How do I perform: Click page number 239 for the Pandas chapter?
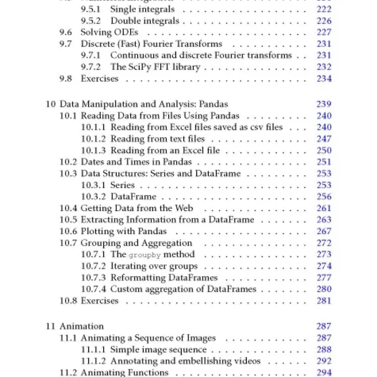pyautogui.click(x=324, y=104)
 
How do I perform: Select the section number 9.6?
pyautogui.click(x=66, y=32)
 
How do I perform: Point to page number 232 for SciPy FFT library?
pyautogui.click(x=324, y=67)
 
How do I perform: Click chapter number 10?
pyautogui.click(x=50, y=104)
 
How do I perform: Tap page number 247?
pyautogui.click(x=324, y=139)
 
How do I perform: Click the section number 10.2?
pyautogui.click(x=68, y=162)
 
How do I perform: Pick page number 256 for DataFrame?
pyautogui.click(x=324, y=197)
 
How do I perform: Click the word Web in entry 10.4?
pyautogui.click(x=184, y=208)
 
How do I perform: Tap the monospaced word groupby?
pyautogui.click(x=145, y=255)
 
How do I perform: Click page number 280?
pyautogui.click(x=324, y=289)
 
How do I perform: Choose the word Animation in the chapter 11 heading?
pyautogui.click(x=82, y=326)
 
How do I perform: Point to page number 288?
pyautogui.click(x=324, y=350)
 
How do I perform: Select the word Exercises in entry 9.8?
pyautogui.click(x=99, y=79)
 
